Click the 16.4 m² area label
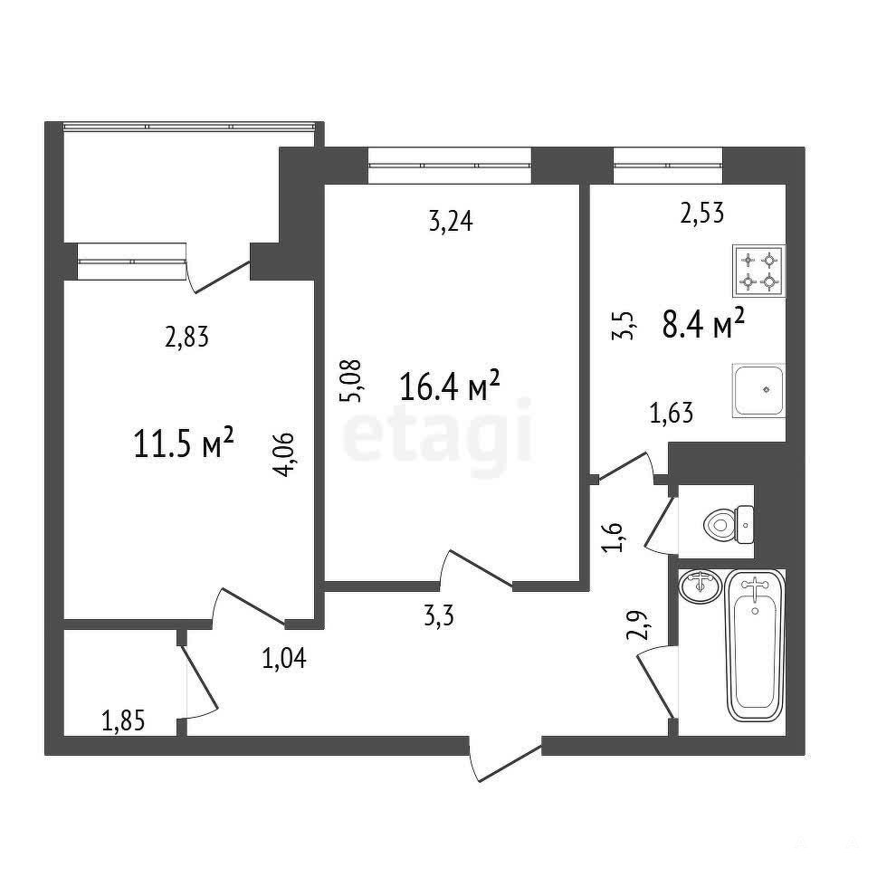(450, 386)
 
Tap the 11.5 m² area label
(184, 443)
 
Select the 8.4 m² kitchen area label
(703, 324)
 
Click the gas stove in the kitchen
(759, 271)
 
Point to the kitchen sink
(759, 390)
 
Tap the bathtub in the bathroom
(755, 645)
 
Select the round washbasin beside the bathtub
(701, 586)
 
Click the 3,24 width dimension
(451, 222)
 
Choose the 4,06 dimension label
(283, 454)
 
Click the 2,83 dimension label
(186, 338)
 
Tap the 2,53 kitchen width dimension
(702, 213)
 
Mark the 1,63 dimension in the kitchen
(672, 414)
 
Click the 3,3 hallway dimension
(439, 617)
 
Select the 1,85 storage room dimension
(123, 721)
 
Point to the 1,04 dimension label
(284, 658)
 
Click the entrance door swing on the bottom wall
(505, 759)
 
